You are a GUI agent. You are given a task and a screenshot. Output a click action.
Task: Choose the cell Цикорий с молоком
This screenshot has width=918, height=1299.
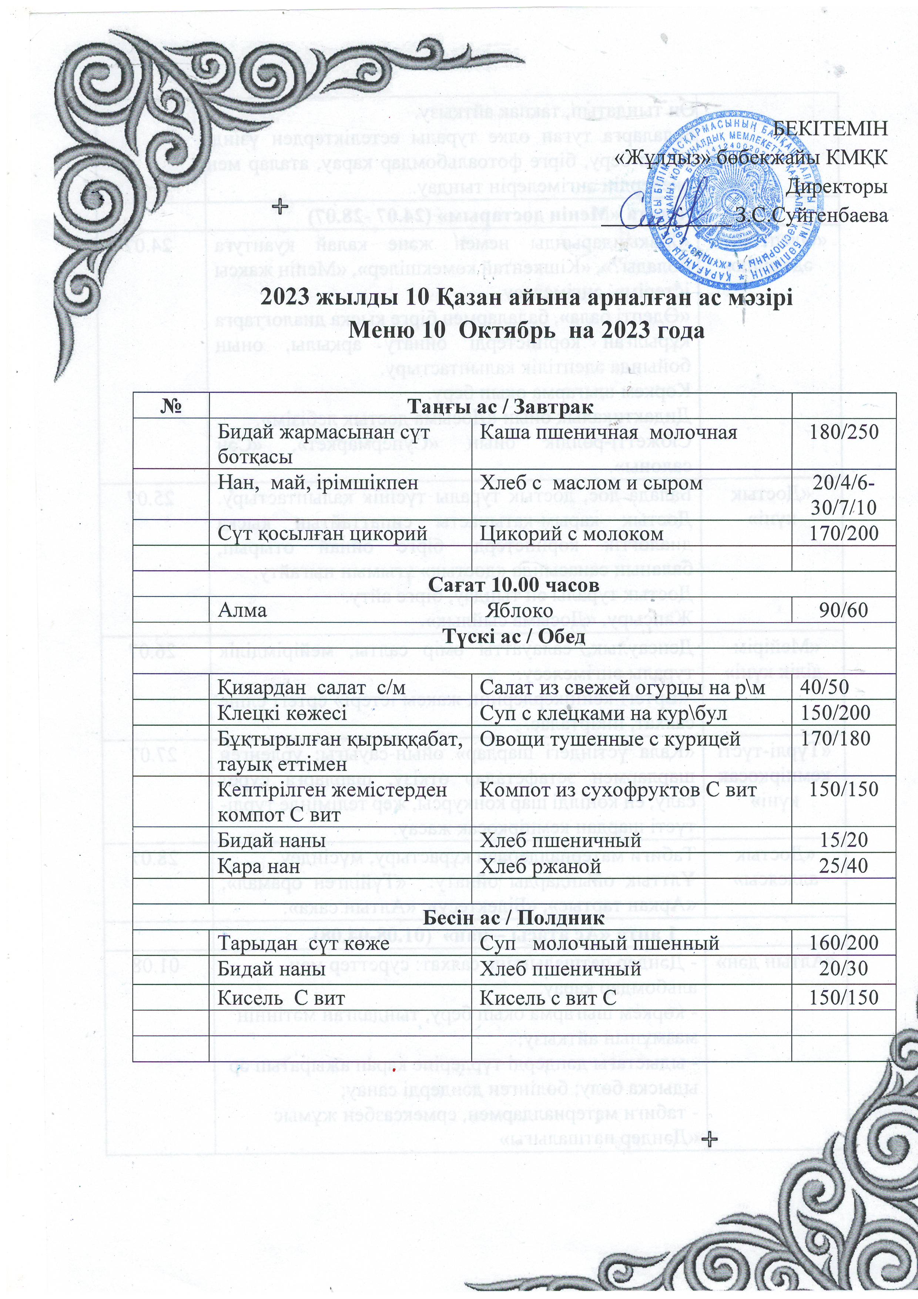pos(571,534)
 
